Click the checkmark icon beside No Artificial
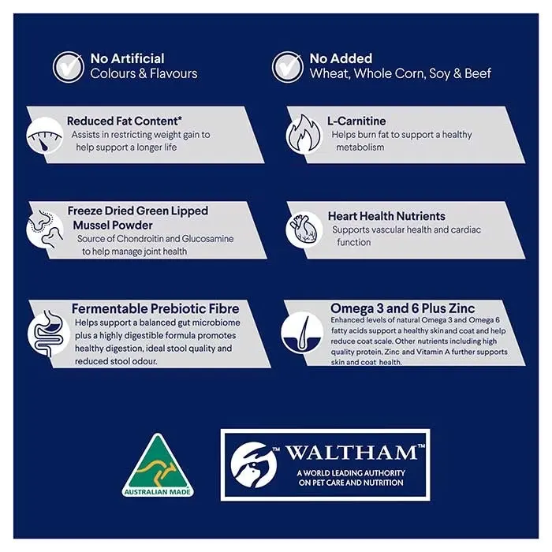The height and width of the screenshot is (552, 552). (x=69, y=67)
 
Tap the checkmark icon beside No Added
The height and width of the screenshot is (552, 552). (x=287, y=67)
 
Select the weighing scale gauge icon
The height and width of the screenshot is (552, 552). (x=45, y=136)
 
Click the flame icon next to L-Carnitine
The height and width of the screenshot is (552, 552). (x=304, y=135)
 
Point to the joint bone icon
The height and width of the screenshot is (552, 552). (x=45, y=229)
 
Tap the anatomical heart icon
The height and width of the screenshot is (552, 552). (x=304, y=229)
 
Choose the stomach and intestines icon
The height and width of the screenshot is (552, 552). (x=48, y=333)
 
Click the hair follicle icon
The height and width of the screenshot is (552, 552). (x=302, y=332)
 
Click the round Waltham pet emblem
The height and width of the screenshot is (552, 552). (x=254, y=465)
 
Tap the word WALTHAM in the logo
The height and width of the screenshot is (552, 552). (x=352, y=453)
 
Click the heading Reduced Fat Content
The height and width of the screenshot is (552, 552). (x=125, y=121)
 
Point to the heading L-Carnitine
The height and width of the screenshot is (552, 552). (x=356, y=121)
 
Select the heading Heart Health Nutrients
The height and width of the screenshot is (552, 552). (x=386, y=216)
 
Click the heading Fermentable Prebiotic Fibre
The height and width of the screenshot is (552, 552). (x=155, y=309)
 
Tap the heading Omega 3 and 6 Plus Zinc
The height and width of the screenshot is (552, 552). (x=402, y=308)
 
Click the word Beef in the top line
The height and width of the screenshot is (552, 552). (x=478, y=73)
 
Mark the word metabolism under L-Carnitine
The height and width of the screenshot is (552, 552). (x=360, y=147)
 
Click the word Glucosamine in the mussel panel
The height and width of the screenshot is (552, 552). (x=207, y=239)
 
